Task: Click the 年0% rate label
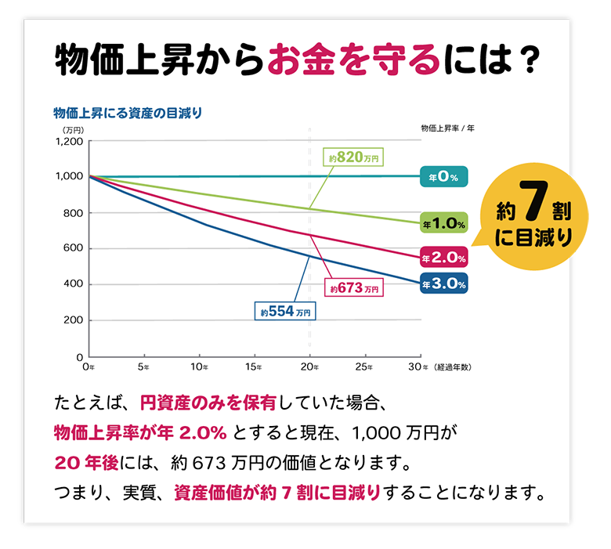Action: click(x=443, y=177)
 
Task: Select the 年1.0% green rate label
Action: click(x=444, y=223)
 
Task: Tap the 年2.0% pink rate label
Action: click(x=444, y=257)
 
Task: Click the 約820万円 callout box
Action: click(x=353, y=157)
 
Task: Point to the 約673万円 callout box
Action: click(x=354, y=288)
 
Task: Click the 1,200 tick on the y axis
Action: click(x=69, y=142)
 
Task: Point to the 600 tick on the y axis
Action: click(x=73, y=249)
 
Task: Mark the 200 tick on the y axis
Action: click(x=73, y=321)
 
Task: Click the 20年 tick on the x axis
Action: click(x=310, y=367)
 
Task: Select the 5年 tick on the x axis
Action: click(x=143, y=367)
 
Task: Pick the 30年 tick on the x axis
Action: click(x=419, y=367)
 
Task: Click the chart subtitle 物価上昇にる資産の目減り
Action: click(x=128, y=113)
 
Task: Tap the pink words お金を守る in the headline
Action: click(x=352, y=61)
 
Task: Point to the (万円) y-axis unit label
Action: click(x=73, y=128)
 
